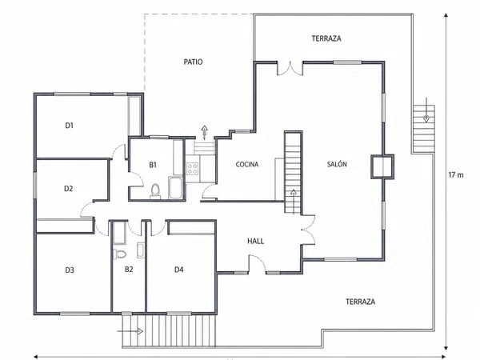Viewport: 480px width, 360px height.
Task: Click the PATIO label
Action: click(x=193, y=62)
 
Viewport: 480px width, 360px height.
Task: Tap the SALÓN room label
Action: click(x=337, y=164)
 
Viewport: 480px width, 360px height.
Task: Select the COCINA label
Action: click(x=247, y=164)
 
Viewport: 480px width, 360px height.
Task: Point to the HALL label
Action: click(x=256, y=242)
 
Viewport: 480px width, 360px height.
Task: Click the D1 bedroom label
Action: click(x=70, y=126)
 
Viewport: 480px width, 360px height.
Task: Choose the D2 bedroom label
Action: click(x=69, y=189)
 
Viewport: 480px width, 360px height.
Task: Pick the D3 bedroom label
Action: click(x=70, y=270)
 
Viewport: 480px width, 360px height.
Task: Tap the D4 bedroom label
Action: click(x=179, y=270)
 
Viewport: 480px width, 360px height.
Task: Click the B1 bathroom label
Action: click(x=153, y=165)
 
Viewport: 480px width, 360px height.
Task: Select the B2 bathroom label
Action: click(x=129, y=270)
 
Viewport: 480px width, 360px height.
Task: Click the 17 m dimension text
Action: click(x=456, y=175)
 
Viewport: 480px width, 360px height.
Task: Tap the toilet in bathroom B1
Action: click(x=155, y=191)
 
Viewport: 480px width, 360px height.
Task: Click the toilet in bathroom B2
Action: click(x=120, y=254)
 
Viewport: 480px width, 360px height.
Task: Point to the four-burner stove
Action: click(x=193, y=169)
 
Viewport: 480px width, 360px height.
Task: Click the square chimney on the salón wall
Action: click(x=382, y=166)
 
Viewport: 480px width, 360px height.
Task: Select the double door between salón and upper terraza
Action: click(x=290, y=69)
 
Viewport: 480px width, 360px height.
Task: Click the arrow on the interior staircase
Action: click(x=294, y=202)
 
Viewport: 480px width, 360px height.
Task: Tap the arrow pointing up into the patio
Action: click(x=205, y=132)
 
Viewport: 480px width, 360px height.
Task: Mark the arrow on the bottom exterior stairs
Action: click(x=130, y=331)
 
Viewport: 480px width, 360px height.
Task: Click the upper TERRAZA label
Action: click(x=326, y=38)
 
